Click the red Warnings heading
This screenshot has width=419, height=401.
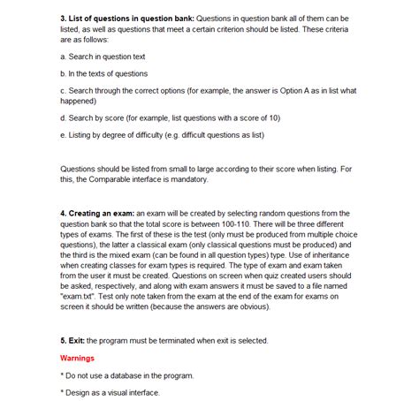point(77,358)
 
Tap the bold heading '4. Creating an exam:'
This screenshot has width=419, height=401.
point(97,214)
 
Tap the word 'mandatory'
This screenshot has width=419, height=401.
point(187,179)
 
